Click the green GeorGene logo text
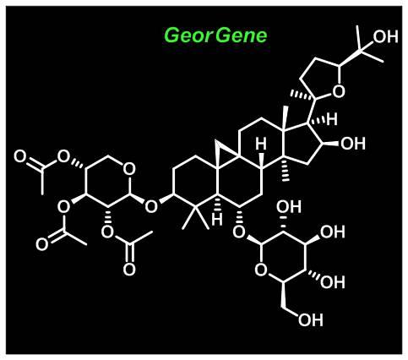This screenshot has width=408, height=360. pos(215,36)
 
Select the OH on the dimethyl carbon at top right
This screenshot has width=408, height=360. pos(385,36)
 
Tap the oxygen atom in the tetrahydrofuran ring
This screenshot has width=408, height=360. pos(339,91)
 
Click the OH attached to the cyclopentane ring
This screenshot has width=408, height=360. pos(353,144)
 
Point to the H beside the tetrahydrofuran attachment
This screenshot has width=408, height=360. pos(332,119)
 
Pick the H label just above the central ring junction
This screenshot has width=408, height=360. pos(261,144)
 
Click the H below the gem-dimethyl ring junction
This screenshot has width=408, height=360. pos(217,219)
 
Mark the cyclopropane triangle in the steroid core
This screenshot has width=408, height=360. pos(225,150)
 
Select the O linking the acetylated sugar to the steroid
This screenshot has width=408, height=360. pos(151,206)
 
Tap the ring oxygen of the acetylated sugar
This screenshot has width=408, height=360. pos(129,170)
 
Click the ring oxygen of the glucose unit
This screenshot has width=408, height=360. pos(261,270)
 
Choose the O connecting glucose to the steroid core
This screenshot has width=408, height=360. pos(239,232)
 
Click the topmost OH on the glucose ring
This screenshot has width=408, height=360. pos(289,206)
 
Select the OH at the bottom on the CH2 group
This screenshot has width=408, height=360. pos(311,320)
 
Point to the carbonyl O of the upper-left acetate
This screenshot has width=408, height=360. pos(20,156)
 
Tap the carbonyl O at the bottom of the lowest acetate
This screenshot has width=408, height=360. pos(129,270)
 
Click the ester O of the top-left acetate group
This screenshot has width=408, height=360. pos(63,156)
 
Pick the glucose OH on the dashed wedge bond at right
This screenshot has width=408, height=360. pos(333,282)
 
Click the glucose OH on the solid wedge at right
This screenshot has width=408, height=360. pos(333,232)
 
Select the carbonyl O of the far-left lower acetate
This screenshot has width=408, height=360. pos(42,244)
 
